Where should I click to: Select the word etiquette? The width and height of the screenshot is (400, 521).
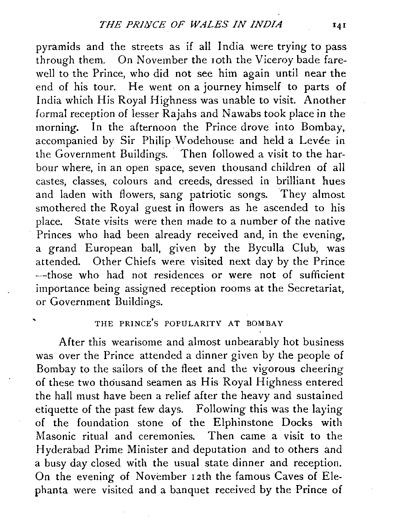(x=58, y=409)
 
